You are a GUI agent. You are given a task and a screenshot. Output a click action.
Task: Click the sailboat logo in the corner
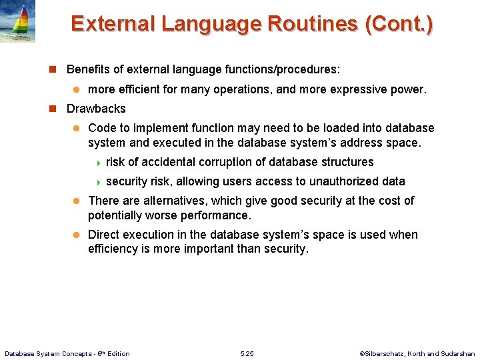17,21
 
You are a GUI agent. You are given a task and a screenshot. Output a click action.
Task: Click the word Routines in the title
313,23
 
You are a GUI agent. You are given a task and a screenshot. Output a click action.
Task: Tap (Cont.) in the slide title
399,23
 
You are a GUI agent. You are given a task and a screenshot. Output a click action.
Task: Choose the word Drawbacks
96,109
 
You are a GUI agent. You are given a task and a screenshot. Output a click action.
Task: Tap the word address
365,142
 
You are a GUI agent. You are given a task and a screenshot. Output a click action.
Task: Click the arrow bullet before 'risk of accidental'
99,163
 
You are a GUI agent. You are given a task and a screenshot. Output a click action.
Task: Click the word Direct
103,235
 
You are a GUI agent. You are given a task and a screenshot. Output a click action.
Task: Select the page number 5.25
246,353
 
